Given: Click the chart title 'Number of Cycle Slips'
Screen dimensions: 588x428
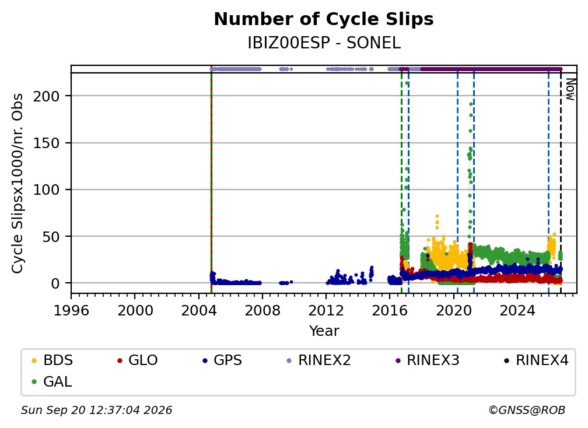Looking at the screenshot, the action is pyautogui.click(x=324, y=19).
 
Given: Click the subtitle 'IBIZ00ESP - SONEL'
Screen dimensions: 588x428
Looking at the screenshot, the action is pyautogui.click(x=324, y=43).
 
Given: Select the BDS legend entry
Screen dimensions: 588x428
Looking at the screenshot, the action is pyautogui.click(x=52, y=360).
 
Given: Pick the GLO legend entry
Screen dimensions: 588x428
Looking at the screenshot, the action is pyautogui.click(x=137, y=360).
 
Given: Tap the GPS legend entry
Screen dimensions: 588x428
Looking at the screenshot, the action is pyautogui.click(x=222, y=360).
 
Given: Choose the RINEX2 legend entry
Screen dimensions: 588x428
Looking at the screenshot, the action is pyautogui.click(x=318, y=360).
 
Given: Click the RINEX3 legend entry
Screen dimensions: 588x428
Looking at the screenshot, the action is pyautogui.click(x=427, y=360).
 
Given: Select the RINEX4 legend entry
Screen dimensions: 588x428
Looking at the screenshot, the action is pyautogui.click(x=536, y=360).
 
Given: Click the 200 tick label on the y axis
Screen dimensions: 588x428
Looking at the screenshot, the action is pyautogui.click(x=46, y=96).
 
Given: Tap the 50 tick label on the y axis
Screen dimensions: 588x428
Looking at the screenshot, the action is pyautogui.click(x=51, y=237).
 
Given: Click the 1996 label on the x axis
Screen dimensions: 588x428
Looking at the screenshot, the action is pyautogui.click(x=71, y=311).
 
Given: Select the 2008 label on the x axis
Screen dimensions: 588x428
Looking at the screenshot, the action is pyautogui.click(x=262, y=311).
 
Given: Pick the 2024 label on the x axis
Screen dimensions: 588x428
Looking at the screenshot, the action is pyautogui.click(x=517, y=311).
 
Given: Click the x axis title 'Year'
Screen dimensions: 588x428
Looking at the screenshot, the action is pyautogui.click(x=324, y=331).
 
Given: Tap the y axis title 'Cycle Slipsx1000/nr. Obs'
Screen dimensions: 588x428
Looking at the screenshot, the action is pyautogui.click(x=17, y=183).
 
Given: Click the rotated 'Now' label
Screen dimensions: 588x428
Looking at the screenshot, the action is pyautogui.click(x=570, y=89).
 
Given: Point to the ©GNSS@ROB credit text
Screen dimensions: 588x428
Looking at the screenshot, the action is pyautogui.click(x=527, y=410).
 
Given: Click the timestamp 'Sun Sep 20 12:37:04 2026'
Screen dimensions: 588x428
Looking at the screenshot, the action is pyautogui.click(x=96, y=410).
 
